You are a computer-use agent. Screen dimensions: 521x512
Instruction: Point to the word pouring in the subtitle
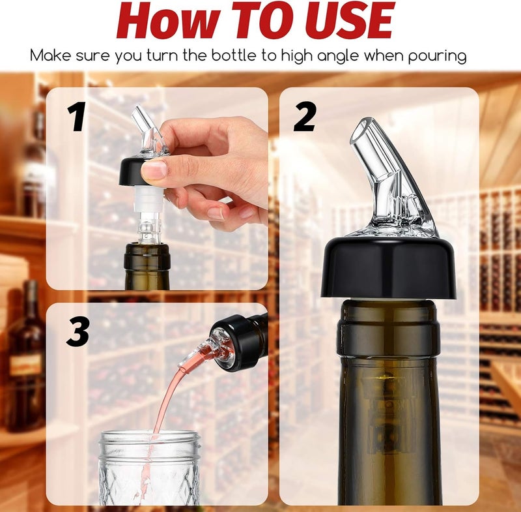(x=434, y=56)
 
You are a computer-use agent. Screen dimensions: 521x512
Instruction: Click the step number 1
(x=77, y=117)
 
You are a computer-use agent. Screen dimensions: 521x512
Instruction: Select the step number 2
(x=305, y=117)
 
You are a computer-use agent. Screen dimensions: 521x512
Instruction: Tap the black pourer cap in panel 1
(x=141, y=171)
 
